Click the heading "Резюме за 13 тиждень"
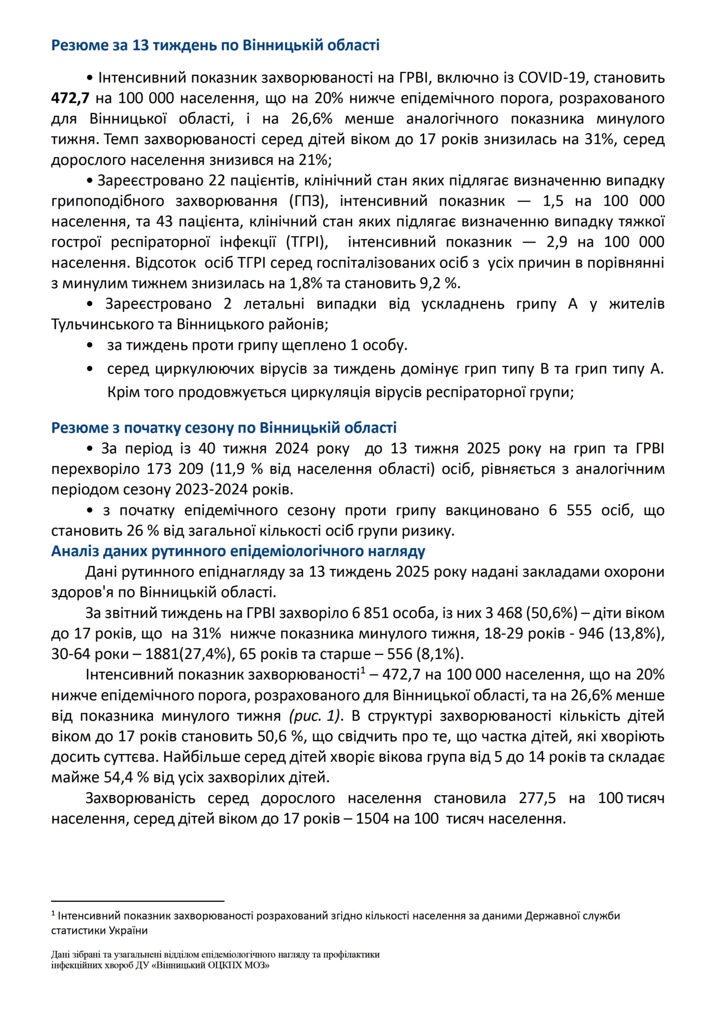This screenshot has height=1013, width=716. tap(215, 45)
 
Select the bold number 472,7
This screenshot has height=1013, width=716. tap(70, 99)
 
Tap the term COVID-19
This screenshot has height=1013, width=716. tap(552, 78)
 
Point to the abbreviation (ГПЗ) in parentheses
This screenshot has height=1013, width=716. tap(309, 201)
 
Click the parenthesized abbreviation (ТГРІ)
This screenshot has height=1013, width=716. tap(307, 242)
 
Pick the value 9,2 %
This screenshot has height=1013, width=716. tap(441, 283)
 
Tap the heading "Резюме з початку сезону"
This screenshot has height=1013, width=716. tap(224, 428)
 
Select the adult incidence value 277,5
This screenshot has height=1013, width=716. tap(537, 798)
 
